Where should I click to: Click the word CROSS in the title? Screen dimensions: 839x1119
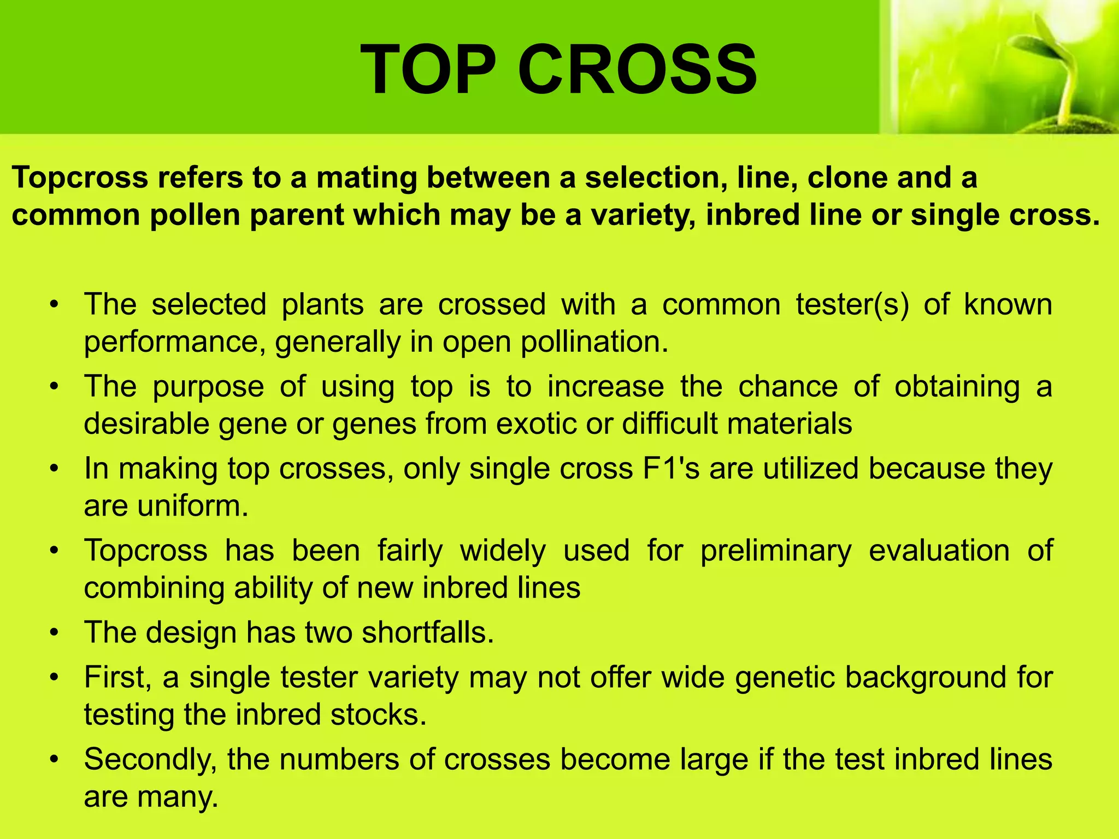[x=637, y=70]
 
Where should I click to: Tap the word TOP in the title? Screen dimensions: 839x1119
[x=427, y=70]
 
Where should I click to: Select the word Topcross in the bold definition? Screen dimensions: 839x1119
[x=80, y=178]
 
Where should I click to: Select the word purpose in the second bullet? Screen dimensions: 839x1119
[x=208, y=387]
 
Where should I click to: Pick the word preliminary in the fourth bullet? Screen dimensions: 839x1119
[x=776, y=551]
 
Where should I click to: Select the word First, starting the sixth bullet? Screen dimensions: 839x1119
[x=118, y=677]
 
